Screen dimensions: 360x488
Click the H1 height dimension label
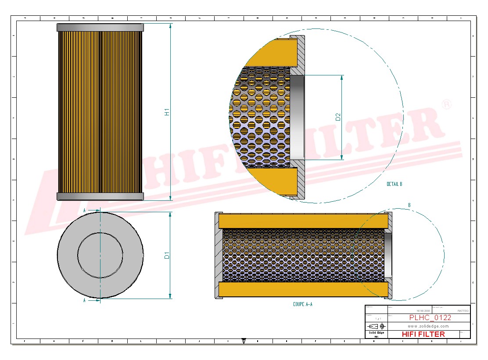pyautogui.click(x=167, y=112)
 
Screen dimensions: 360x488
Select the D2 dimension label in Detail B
pyautogui.click(x=338, y=117)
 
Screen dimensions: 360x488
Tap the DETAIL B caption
pyautogui.click(x=394, y=184)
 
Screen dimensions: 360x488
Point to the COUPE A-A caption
pyautogui.click(x=302, y=304)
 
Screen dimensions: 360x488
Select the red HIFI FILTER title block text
pyautogui.click(x=423, y=334)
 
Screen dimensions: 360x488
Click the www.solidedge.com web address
pyautogui.click(x=428, y=326)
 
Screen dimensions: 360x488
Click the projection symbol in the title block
pyautogui.click(x=377, y=326)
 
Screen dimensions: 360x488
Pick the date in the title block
pyautogui.click(x=423, y=310)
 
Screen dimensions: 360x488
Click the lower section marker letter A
pyautogui.click(x=84, y=301)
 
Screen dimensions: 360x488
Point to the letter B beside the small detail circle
pyautogui.click(x=409, y=205)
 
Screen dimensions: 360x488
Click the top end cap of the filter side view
pyautogui.click(x=100, y=28)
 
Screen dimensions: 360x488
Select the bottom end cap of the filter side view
pyautogui.click(x=100, y=196)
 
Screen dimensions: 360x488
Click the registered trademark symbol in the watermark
pyautogui.click(x=446, y=104)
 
